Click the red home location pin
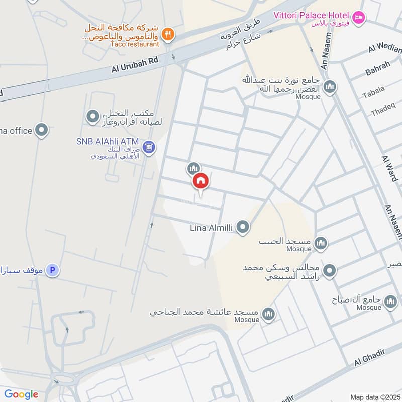tap(200, 181)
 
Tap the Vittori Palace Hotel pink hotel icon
tap(358, 18)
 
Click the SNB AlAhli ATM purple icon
tap(148, 147)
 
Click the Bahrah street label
tap(377, 69)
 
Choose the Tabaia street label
tap(373, 89)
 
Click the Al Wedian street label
tap(386, 49)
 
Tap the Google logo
tap(21, 394)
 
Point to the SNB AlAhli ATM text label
tap(107, 142)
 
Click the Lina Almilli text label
tap(211, 228)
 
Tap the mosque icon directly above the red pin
tap(194, 168)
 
